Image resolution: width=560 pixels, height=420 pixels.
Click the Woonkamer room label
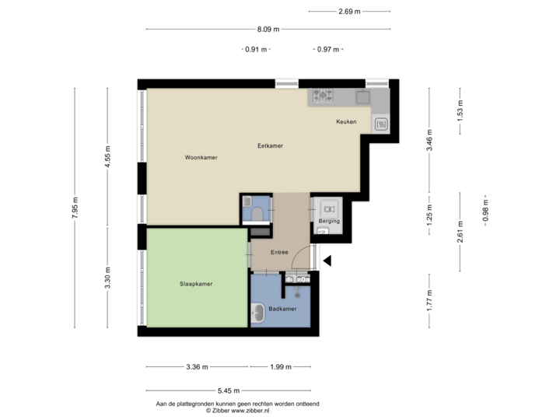pyautogui.click(x=201, y=157)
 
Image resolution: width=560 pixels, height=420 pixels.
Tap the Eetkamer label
pyautogui.click(x=270, y=145)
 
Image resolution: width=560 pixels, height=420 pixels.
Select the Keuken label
pyautogui.click(x=346, y=122)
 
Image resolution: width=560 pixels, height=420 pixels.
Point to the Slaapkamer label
pyautogui.click(x=196, y=284)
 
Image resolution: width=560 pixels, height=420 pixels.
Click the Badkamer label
pyautogui.click(x=282, y=309)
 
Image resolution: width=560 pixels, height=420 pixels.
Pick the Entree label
pyautogui.click(x=279, y=252)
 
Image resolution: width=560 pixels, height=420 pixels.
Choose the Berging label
pyautogui.click(x=329, y=222)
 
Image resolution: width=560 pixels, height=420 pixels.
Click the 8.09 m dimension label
pyautogui.click(x=268, y=30)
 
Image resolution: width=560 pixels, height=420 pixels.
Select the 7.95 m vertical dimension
pyautogui.click(x=75, y=208)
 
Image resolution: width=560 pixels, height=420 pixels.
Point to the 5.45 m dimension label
pyautogui.click(x=229, y=390)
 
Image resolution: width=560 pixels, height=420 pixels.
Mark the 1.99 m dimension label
pyautogui.click(x=280, y=366)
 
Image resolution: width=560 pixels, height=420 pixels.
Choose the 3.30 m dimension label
pyautogui.click(x=108, y=278)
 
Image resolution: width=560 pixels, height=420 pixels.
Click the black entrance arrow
pyautogui.click(x=328, y=261)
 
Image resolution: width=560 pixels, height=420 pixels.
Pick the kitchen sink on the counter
pyautogui.click(x=362, y=97)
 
